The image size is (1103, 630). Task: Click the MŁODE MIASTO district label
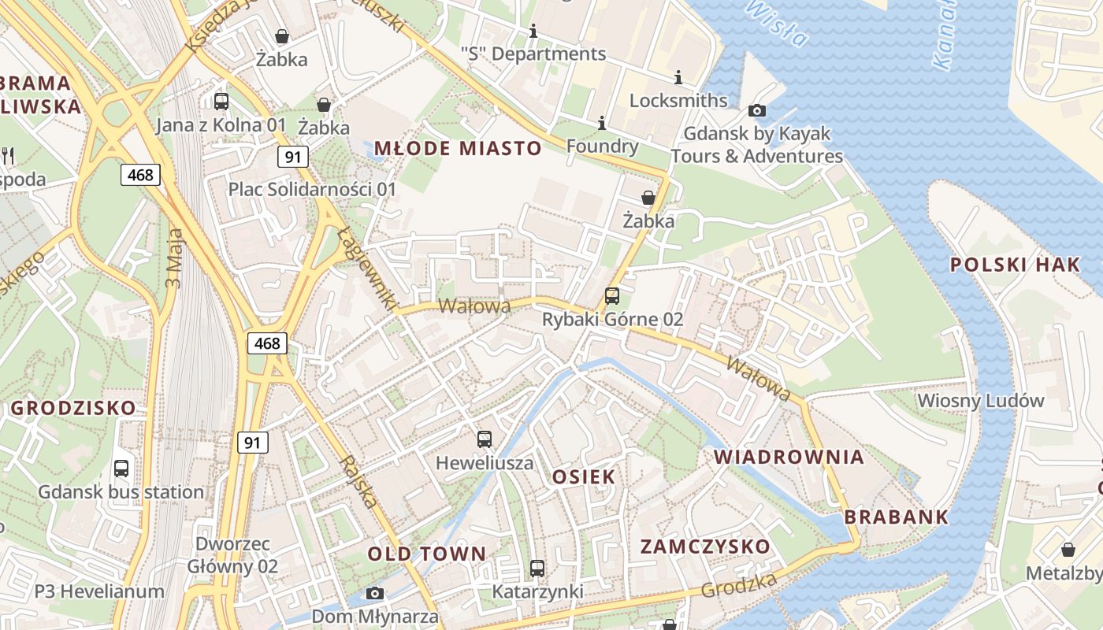click(x=458, y=148)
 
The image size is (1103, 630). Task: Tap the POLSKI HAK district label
click(x=1015, y=265)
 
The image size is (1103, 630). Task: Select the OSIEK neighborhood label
click(x=584, y=476)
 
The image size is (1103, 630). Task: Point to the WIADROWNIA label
click(x=789, y=457)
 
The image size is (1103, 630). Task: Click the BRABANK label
click(x=897, y=517)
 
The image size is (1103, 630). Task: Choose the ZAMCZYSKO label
click(x=705, y=547)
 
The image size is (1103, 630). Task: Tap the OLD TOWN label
click(x=427, y=554)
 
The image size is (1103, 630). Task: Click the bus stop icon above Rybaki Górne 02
click(x=612, y=296)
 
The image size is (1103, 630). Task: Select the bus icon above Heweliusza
click(x=485, y=439)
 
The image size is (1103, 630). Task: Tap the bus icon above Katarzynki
click(x=537, y=568)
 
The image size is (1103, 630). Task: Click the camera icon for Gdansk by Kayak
click(x=757, y=110)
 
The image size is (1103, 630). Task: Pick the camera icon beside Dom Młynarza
click(x=375, y=593)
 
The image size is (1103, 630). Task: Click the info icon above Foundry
click(x=602, y=123)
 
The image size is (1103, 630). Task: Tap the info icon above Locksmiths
click(x=678, y=77)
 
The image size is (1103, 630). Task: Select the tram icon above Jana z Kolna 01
click(x=221, y=101)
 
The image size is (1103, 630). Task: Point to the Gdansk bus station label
click(x=121, y=492)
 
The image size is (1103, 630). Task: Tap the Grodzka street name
click(x=739, y=584)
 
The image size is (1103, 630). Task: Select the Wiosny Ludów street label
click(x=980, y=401)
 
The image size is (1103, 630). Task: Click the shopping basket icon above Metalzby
click(x=1068, y=549)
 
